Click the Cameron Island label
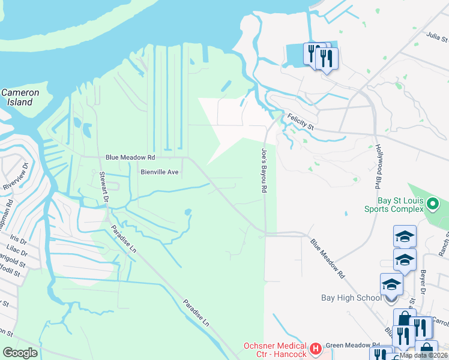20,97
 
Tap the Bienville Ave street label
159,172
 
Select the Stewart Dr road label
103,187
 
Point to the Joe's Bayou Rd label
263,170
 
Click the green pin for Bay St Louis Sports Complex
432,206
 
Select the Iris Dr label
19,240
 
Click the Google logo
20,352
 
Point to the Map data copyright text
423,355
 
